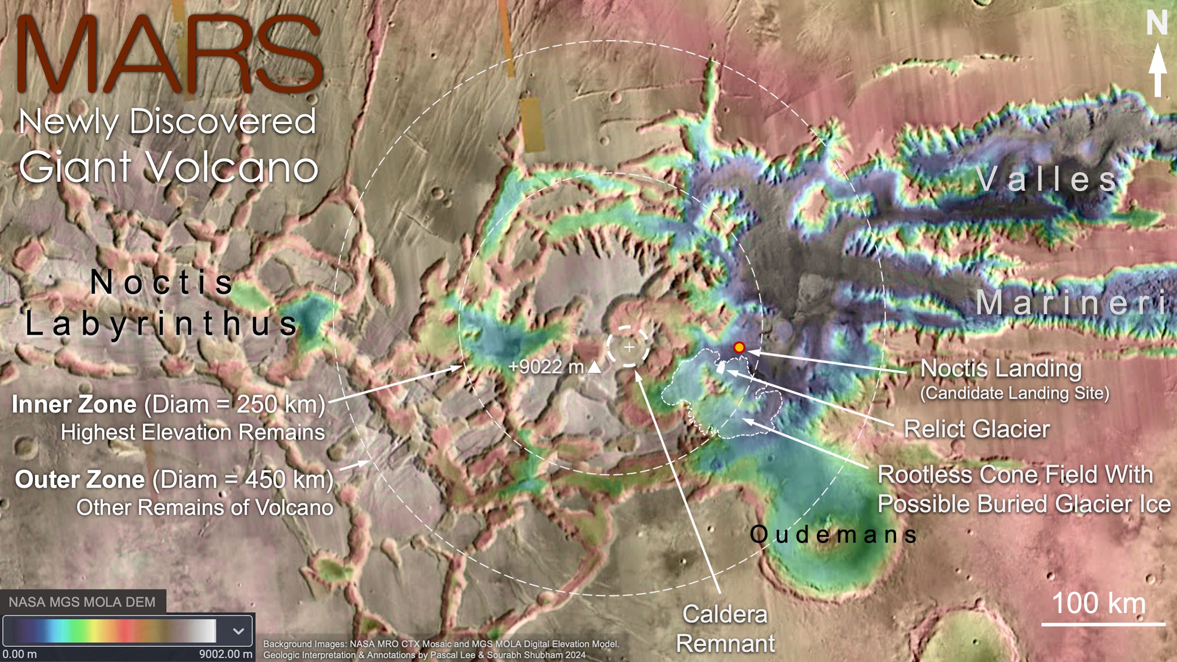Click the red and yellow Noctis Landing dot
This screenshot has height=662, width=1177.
739,347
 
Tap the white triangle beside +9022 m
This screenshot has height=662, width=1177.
595,367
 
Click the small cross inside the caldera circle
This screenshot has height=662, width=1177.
629,347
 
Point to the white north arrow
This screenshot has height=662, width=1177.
1158,71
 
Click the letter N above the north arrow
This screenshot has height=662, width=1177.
1157,23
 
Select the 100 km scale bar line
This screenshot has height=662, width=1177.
1103,625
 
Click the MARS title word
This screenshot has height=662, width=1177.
169,54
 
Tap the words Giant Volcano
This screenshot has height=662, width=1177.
169,167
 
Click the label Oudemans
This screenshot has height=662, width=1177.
833,534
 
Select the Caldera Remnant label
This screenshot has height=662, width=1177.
725,629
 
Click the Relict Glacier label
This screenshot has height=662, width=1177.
977,429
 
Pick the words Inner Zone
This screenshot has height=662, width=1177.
74,404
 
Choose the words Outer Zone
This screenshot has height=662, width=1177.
80,479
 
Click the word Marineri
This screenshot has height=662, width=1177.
1071,302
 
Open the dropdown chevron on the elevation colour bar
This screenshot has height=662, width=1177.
239,631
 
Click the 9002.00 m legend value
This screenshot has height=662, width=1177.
226,654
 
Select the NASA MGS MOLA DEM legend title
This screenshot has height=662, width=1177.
82,602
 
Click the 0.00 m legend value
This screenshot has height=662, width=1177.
19,654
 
